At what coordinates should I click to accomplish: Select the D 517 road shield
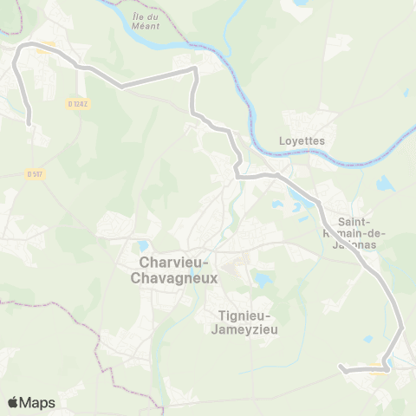coord(35,174)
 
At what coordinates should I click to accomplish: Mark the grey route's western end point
coord(29,124)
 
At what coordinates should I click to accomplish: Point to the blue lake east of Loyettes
coord(384,184)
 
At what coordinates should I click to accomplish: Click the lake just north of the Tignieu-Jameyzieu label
coord(260,279)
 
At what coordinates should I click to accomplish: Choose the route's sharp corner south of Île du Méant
coord(196,69)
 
